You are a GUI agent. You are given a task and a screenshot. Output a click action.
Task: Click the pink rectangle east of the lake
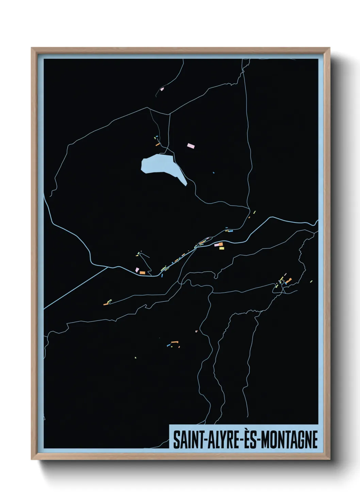[x=191, y=146]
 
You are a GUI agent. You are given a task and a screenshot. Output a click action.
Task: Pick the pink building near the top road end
[x=162, y=89]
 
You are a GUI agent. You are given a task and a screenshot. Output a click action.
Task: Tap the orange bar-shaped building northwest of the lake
[x=158, y=144]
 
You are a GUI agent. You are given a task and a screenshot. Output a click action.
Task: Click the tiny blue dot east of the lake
[x=214, y=173]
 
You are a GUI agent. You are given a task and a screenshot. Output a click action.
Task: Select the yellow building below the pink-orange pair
[x=222, y=248]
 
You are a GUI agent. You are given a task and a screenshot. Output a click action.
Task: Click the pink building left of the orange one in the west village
[x=137, y=270]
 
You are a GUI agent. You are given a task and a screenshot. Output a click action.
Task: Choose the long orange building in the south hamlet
[x=175, y=342]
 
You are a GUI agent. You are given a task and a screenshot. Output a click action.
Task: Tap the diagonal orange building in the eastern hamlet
[x=289, y=281]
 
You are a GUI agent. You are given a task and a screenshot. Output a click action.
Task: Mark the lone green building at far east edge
[x=311, y=281]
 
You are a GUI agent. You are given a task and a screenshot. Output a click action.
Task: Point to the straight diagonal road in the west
[x=75, y=288]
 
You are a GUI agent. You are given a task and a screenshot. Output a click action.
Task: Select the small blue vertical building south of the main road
[x=162, y=275]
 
